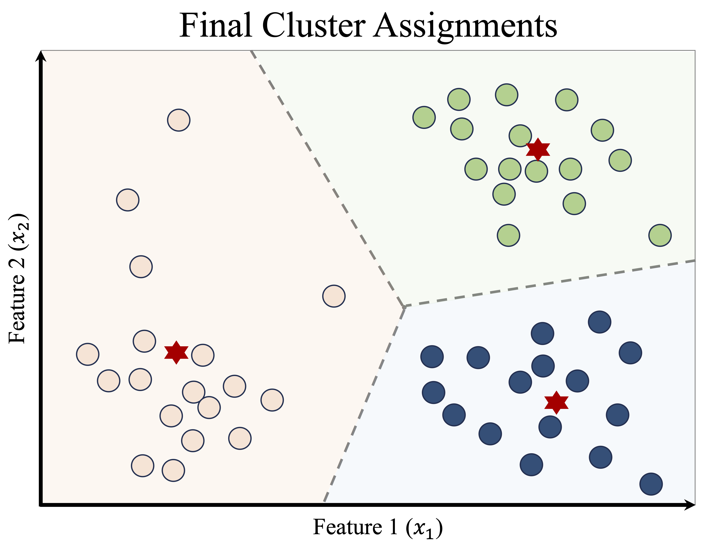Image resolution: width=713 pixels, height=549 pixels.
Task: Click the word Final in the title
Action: click(x=216, y=26)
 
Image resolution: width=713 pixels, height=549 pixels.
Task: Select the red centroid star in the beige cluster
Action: click(x=176, y=352)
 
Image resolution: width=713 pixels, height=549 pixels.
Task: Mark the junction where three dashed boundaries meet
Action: click(x=404, y=307)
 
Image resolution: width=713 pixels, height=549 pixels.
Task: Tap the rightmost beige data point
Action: click(x=334, y=296)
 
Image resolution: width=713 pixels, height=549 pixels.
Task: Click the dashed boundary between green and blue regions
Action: click(x=550, y=284)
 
